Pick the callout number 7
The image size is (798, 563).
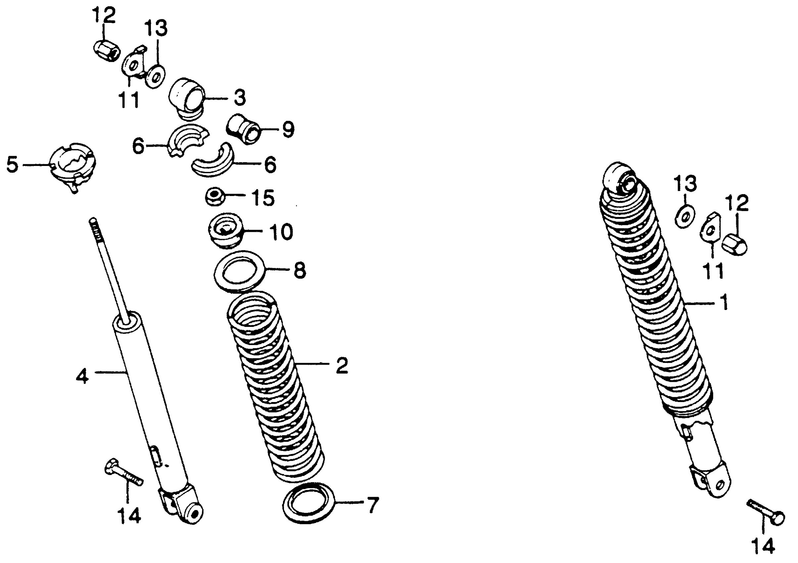tap(372, 505)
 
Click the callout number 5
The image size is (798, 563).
tap(13, 165)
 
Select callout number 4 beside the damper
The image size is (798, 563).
tap(82, 377)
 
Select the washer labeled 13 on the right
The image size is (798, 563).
tap(685, 217)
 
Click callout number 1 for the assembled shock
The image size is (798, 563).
tap(724, 302)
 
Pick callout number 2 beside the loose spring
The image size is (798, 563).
tap(342, 365)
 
